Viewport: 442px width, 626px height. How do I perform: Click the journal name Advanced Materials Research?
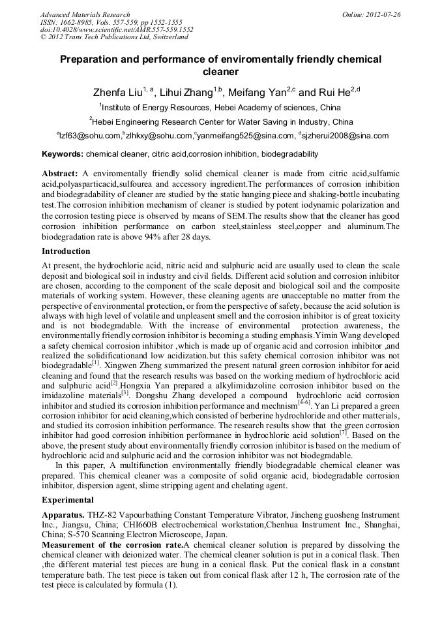point(85,14)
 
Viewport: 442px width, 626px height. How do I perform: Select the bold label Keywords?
point(63,155)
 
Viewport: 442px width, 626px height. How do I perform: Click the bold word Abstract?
point(60,174)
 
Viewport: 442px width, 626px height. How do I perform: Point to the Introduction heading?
point(66,251)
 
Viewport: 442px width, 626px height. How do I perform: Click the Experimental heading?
point(67,500)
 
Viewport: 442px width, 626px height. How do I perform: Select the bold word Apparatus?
point(63,515)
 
